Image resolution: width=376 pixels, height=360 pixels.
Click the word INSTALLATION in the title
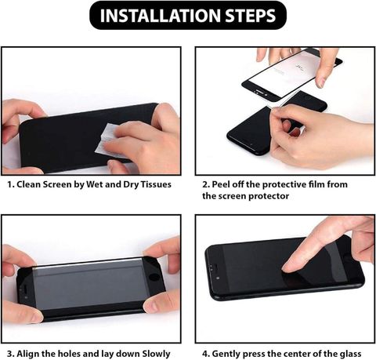161,16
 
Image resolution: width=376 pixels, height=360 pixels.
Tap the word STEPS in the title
251,16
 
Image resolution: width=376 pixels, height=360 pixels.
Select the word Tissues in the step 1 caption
156,184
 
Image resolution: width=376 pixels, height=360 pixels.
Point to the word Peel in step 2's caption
221,184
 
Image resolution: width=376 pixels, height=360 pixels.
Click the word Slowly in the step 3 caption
156,354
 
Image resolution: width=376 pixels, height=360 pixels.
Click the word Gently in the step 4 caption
226,354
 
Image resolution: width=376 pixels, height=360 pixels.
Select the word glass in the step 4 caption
350,354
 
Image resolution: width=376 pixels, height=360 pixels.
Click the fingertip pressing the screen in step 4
288,267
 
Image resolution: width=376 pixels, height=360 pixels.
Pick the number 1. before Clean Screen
10,184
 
